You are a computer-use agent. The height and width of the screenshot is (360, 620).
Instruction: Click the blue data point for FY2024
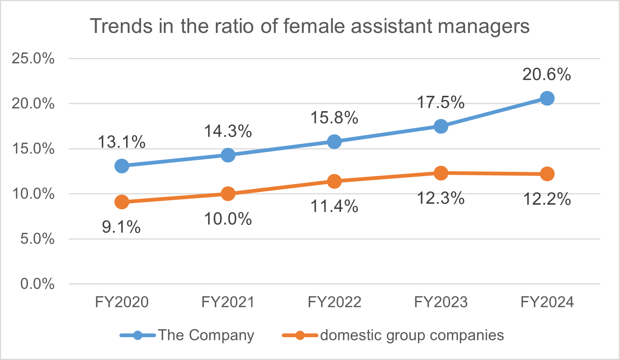(x=547, y=98)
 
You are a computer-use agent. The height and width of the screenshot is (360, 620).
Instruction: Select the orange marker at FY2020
(x=122, y=202)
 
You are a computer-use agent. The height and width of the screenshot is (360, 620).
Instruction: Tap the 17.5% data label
(x=441, y=103)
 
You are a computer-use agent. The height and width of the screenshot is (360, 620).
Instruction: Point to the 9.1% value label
(x=121, y=227)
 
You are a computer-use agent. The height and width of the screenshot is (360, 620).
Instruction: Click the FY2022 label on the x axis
(x=334, y=302)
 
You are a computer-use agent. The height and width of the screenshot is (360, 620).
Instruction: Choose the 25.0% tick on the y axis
(x=33, y=58)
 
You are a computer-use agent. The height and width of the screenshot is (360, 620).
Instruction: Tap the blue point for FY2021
(x=228, y=155)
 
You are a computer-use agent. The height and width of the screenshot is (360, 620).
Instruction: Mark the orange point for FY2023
(x=441, y=173)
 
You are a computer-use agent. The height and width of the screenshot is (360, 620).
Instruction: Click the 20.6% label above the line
(x=547, y=74)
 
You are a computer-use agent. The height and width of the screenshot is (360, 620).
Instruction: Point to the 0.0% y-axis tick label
(x=37, y=284)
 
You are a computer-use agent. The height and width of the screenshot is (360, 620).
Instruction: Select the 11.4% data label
(x=334, y=206)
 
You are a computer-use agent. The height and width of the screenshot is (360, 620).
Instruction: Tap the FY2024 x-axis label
(x=547, y=302)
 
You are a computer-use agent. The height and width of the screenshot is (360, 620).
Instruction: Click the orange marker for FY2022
(x=334, y=181)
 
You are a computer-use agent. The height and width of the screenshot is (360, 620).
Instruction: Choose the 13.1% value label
(x=122, y=142)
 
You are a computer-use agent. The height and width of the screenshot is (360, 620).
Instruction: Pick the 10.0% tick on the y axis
(x=33, y=194)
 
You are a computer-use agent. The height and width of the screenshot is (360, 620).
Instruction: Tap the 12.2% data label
(x=547, y=199)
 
